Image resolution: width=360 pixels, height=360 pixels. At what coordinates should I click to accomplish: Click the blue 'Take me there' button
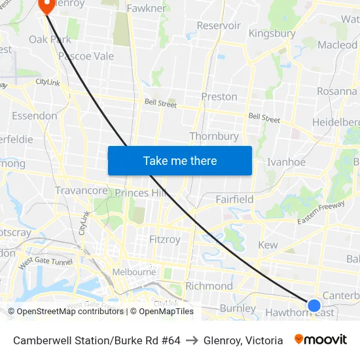(179, 160)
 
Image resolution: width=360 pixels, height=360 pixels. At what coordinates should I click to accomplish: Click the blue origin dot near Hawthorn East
(314, 305)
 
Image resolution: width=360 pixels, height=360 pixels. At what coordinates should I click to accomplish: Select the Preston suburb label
(219, 97)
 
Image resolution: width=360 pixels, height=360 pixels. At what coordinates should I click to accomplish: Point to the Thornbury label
(214, 136)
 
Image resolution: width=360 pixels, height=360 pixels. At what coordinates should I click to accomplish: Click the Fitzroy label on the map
(164, 240)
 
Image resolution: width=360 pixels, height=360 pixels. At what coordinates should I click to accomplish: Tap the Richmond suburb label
(209, 286)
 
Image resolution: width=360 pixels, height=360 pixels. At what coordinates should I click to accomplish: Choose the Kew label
(268, 245)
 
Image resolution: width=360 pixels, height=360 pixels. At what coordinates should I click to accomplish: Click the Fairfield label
(234, 199)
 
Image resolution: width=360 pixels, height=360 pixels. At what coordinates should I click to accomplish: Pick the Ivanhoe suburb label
(287, 162)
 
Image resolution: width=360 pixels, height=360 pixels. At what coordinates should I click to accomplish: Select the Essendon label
(34, 116)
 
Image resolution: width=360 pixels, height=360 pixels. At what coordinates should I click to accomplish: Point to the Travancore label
(81, 190)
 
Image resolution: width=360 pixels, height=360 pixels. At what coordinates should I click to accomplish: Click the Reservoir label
(219, 26)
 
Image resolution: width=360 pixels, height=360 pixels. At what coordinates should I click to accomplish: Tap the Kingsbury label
(272, 33)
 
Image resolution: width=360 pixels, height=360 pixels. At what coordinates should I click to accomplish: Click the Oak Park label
(50, 39)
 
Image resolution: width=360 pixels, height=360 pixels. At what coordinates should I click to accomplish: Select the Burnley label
(238, 308)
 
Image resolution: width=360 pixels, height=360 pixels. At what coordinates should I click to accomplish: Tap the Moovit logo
(321, 340)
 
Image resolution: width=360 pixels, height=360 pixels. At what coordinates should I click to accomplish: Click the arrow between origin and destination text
(192, 340)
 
